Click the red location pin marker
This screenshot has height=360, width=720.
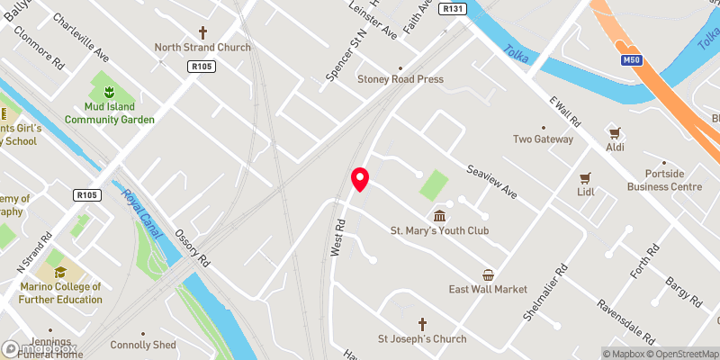click(x=360, y=180)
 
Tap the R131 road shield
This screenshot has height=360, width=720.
click(x=454, y=8)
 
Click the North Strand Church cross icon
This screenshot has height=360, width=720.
click(x=190, y=31)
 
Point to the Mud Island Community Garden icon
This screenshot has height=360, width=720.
click(x=109, y=91)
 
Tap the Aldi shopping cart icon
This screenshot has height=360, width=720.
click(x=616, y=131)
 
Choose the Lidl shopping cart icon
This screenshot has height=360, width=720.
click(x=586, y=177)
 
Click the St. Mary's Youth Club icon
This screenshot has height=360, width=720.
click(x=439, y=215)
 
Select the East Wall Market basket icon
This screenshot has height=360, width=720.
click(x=488, y=274)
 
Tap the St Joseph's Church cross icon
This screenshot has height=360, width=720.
click(x=422, y=324)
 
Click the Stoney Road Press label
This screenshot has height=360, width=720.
click(x=400, y=79)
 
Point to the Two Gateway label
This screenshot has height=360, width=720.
click(x=543, y=139)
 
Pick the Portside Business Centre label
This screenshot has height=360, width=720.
click(x=665, y=180)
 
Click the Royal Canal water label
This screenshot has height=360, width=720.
click(x=141, y=214)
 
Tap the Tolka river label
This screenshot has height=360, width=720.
click(x=517, y=57)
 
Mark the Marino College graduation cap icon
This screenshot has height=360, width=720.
click(x=60, y=271)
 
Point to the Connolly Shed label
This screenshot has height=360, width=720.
click(x=142, y=345)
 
